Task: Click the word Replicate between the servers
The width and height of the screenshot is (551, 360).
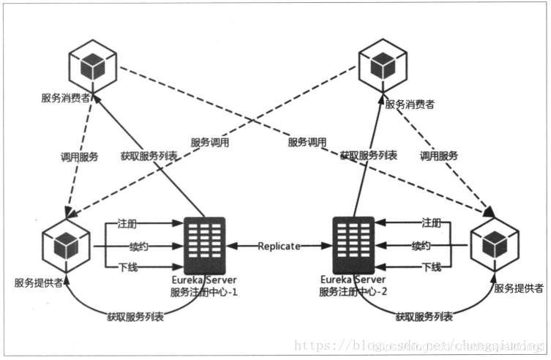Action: (x=279, y=247)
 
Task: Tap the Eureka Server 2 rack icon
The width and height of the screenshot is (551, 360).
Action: (x=354, y=246)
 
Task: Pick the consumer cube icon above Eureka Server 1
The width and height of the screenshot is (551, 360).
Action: (x=92, y=67)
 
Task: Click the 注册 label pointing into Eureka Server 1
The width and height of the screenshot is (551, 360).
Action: (x=127, y=222)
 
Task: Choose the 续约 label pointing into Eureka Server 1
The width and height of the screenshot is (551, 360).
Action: (x=127, y=245)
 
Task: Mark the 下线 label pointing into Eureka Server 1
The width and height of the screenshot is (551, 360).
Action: (x=127, y=268)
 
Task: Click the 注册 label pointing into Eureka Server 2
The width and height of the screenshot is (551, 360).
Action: (x=432, y=222)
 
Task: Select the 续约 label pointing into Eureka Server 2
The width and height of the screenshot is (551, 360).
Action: (x=421, y=245)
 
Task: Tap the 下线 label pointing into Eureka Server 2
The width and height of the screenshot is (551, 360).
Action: (x=432, y=268)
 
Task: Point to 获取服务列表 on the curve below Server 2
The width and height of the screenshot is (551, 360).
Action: (x=424, y=317)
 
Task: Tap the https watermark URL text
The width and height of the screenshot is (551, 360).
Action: (x=420, y=344)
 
